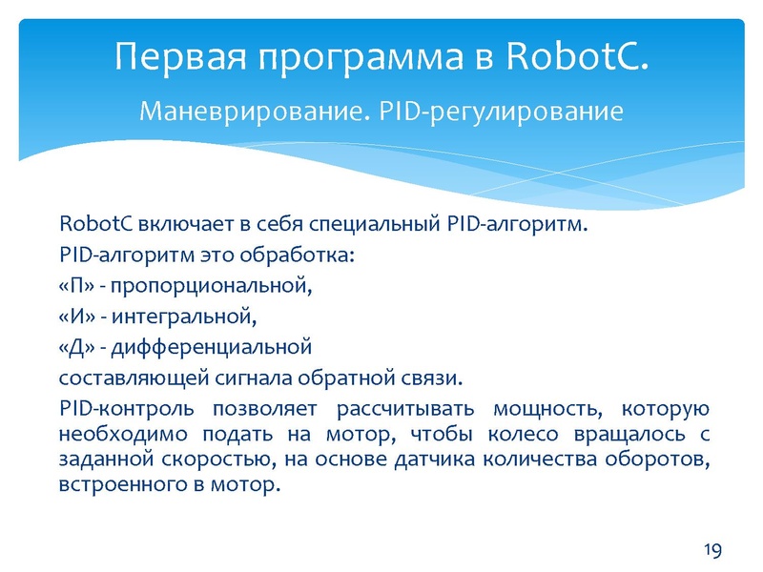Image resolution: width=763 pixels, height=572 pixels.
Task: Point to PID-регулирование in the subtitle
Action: (502, 112)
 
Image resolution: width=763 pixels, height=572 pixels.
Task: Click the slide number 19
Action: (712, 549)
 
